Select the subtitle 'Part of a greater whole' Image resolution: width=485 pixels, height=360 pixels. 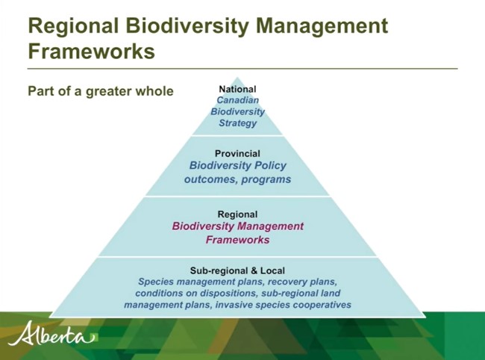pos(101,91)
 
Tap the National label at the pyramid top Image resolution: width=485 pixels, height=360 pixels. pos(237,90)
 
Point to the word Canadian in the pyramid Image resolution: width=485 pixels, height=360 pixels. pos(237,100)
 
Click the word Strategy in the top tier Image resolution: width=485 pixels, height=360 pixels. pos(237,122)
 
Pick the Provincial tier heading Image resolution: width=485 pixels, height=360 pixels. pos(237,154)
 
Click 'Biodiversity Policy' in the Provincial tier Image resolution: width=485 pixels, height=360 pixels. pos(237,166)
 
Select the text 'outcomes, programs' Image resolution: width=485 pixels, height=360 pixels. pos(237,179)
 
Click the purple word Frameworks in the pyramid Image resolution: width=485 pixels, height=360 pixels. pos(237,240)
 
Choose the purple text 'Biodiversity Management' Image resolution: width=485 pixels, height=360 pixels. pos(237,226)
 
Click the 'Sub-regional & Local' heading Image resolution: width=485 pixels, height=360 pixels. pos(237,270)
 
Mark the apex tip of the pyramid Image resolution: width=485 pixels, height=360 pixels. pos(237,78)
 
